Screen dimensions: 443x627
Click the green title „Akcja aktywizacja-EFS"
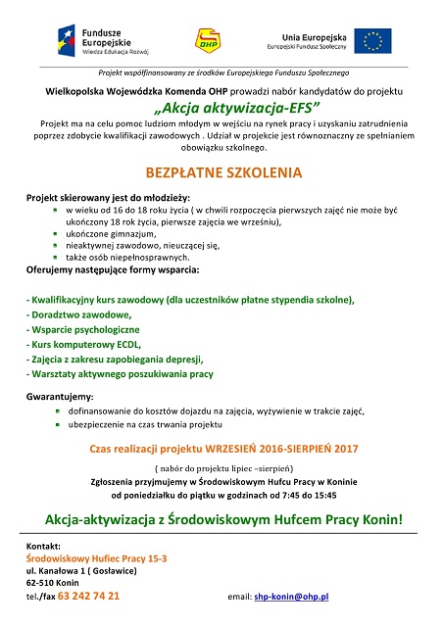point(221,110)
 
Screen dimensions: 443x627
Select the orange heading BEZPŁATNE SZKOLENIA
point(221,171)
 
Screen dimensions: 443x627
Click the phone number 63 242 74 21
point(90,595)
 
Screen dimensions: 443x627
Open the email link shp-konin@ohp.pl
point(292,596)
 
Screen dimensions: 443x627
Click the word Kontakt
point(43,544)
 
